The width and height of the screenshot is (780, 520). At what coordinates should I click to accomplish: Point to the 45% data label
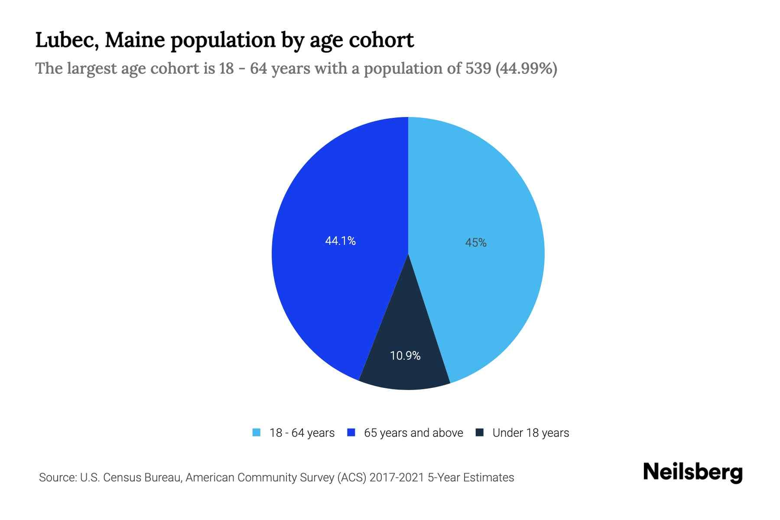(x=476, y=243)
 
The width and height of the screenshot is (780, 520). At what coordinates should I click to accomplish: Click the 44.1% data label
(x=340, y=241)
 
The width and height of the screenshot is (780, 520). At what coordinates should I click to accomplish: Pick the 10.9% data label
(x=405, y=356)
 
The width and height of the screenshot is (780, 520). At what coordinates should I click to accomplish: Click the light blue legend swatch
(x=257, y=432)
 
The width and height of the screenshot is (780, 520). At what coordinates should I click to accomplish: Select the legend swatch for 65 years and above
(x=351, y=432)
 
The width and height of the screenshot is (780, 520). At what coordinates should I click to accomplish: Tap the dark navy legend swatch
(x=479, y=432)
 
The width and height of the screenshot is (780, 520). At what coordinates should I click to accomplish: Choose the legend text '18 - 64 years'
(x=302, y=433)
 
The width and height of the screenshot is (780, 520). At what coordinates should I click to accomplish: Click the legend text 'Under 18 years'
(x=530, y=433)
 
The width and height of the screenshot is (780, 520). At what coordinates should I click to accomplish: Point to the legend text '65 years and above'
(x=413, y=433)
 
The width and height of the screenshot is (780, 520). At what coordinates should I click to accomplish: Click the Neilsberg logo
(x=693, y=473)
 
